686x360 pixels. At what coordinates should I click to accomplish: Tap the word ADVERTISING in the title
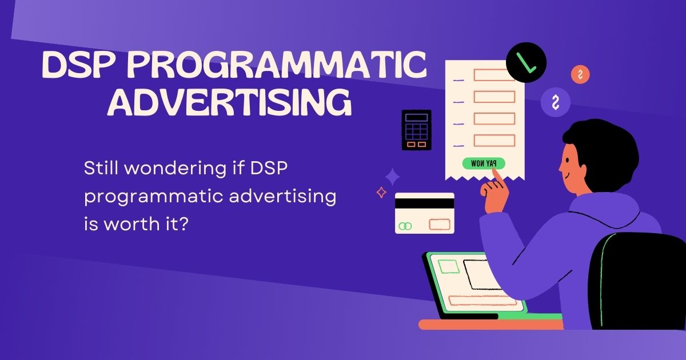click(x=230, y=103)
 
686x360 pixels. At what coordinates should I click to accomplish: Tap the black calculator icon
click(x=416, y=130)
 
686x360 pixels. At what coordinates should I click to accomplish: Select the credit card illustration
click(x=424, y=213)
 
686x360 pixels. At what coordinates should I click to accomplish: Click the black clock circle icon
click(x=526, y=62)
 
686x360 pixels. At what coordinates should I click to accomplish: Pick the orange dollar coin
click(x=580, y=74)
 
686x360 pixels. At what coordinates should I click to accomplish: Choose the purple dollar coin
click(x=555, y=103)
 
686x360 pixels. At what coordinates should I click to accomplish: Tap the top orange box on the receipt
click(x=494, y=75)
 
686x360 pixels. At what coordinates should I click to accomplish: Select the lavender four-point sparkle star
click(x=392, y=177)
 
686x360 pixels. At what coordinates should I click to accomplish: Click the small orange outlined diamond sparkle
click(x=381, y=193)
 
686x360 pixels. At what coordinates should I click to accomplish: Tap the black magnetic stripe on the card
click(x=424, y=203)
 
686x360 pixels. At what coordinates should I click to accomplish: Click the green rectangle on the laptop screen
click(x=448, y=267)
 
